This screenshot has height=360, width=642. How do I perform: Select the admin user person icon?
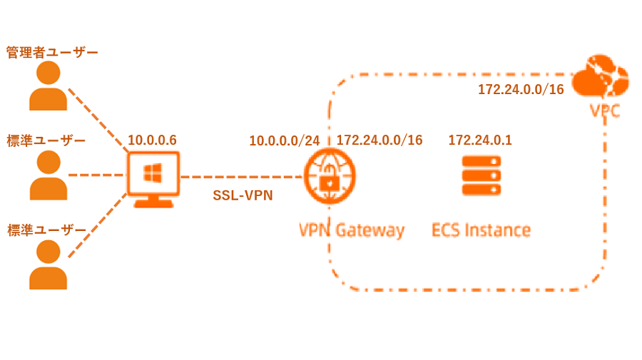coord(48,86)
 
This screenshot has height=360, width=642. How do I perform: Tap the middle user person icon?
coord(48,175)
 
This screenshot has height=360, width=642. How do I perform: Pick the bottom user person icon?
coord(48,264)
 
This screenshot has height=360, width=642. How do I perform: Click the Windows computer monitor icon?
coord(153,179)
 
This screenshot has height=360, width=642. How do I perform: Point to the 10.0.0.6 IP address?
coord(152,140)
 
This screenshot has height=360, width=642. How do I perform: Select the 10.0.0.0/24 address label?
coord(284,141)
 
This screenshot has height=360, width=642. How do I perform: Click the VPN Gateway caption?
coord(351,230)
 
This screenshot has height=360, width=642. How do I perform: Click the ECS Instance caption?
coord(481,230)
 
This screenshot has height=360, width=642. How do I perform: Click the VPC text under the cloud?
coord(604,111)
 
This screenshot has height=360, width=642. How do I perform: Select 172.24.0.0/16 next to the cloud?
coord(521,90)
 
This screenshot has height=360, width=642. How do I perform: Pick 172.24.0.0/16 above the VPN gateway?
coord(379,140)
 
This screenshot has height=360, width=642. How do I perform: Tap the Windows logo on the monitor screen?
coord(153,173)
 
